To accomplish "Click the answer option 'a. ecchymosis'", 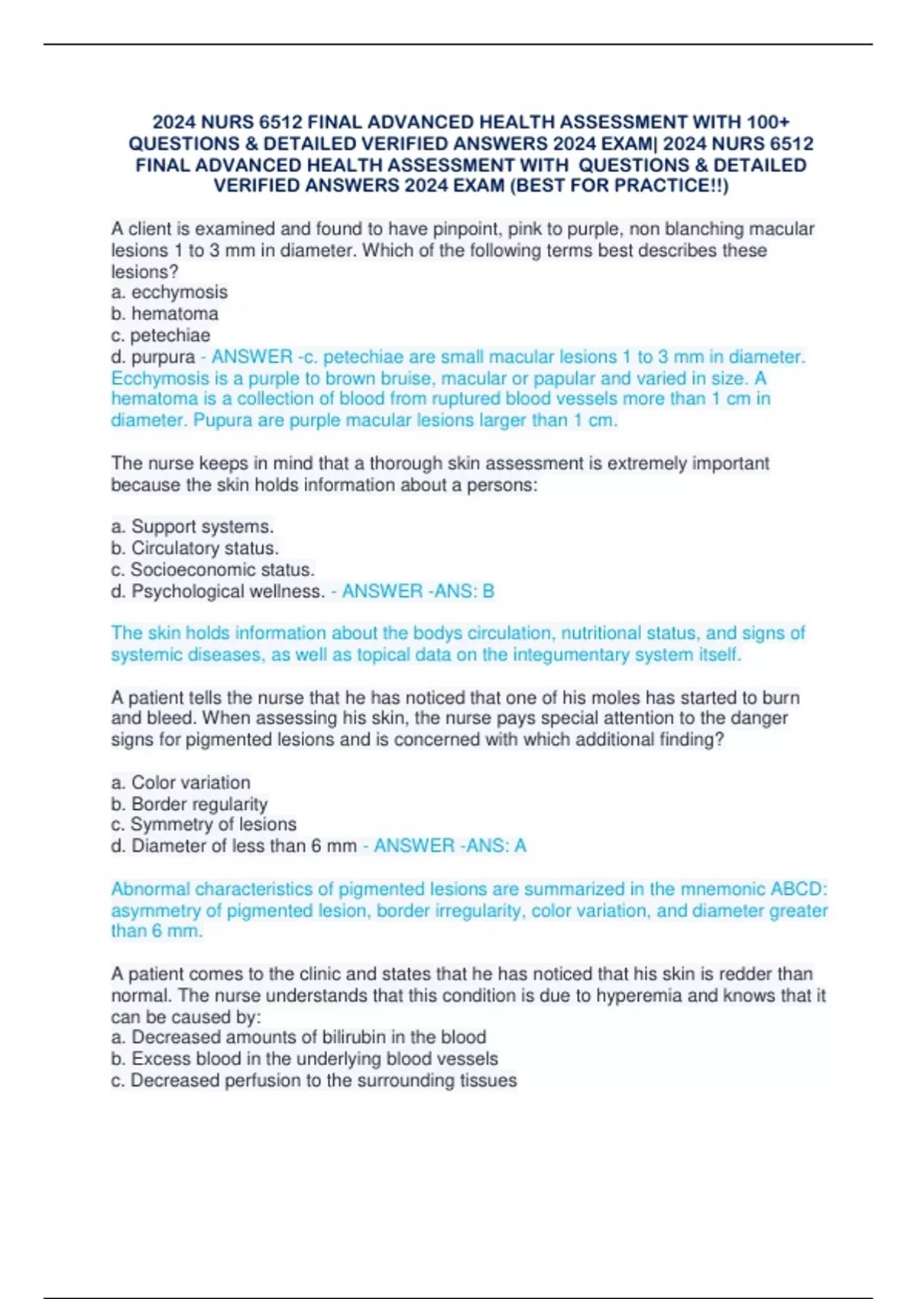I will click(x=169, y=292).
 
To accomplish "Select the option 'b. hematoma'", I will click(x=164, y=313).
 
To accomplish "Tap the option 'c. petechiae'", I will click(x=160, y=335).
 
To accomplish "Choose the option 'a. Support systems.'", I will click(x=192, y=526).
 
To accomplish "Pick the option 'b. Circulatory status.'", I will click(x=195, y=548).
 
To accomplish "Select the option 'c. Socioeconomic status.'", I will click(x=212, y=569).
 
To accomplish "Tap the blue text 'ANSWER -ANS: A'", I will click(x=449, y=845).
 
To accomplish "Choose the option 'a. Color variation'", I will click(x=180, y=782).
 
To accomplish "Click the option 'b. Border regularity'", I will click(x=189, y=804).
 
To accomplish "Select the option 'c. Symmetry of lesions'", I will click(x=203, y=824).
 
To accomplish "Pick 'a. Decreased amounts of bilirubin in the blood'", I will click(x=298, y=1037).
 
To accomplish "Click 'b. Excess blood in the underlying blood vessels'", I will click(x=304, y=1058).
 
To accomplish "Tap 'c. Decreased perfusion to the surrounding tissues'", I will click(x=313, y=1080).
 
